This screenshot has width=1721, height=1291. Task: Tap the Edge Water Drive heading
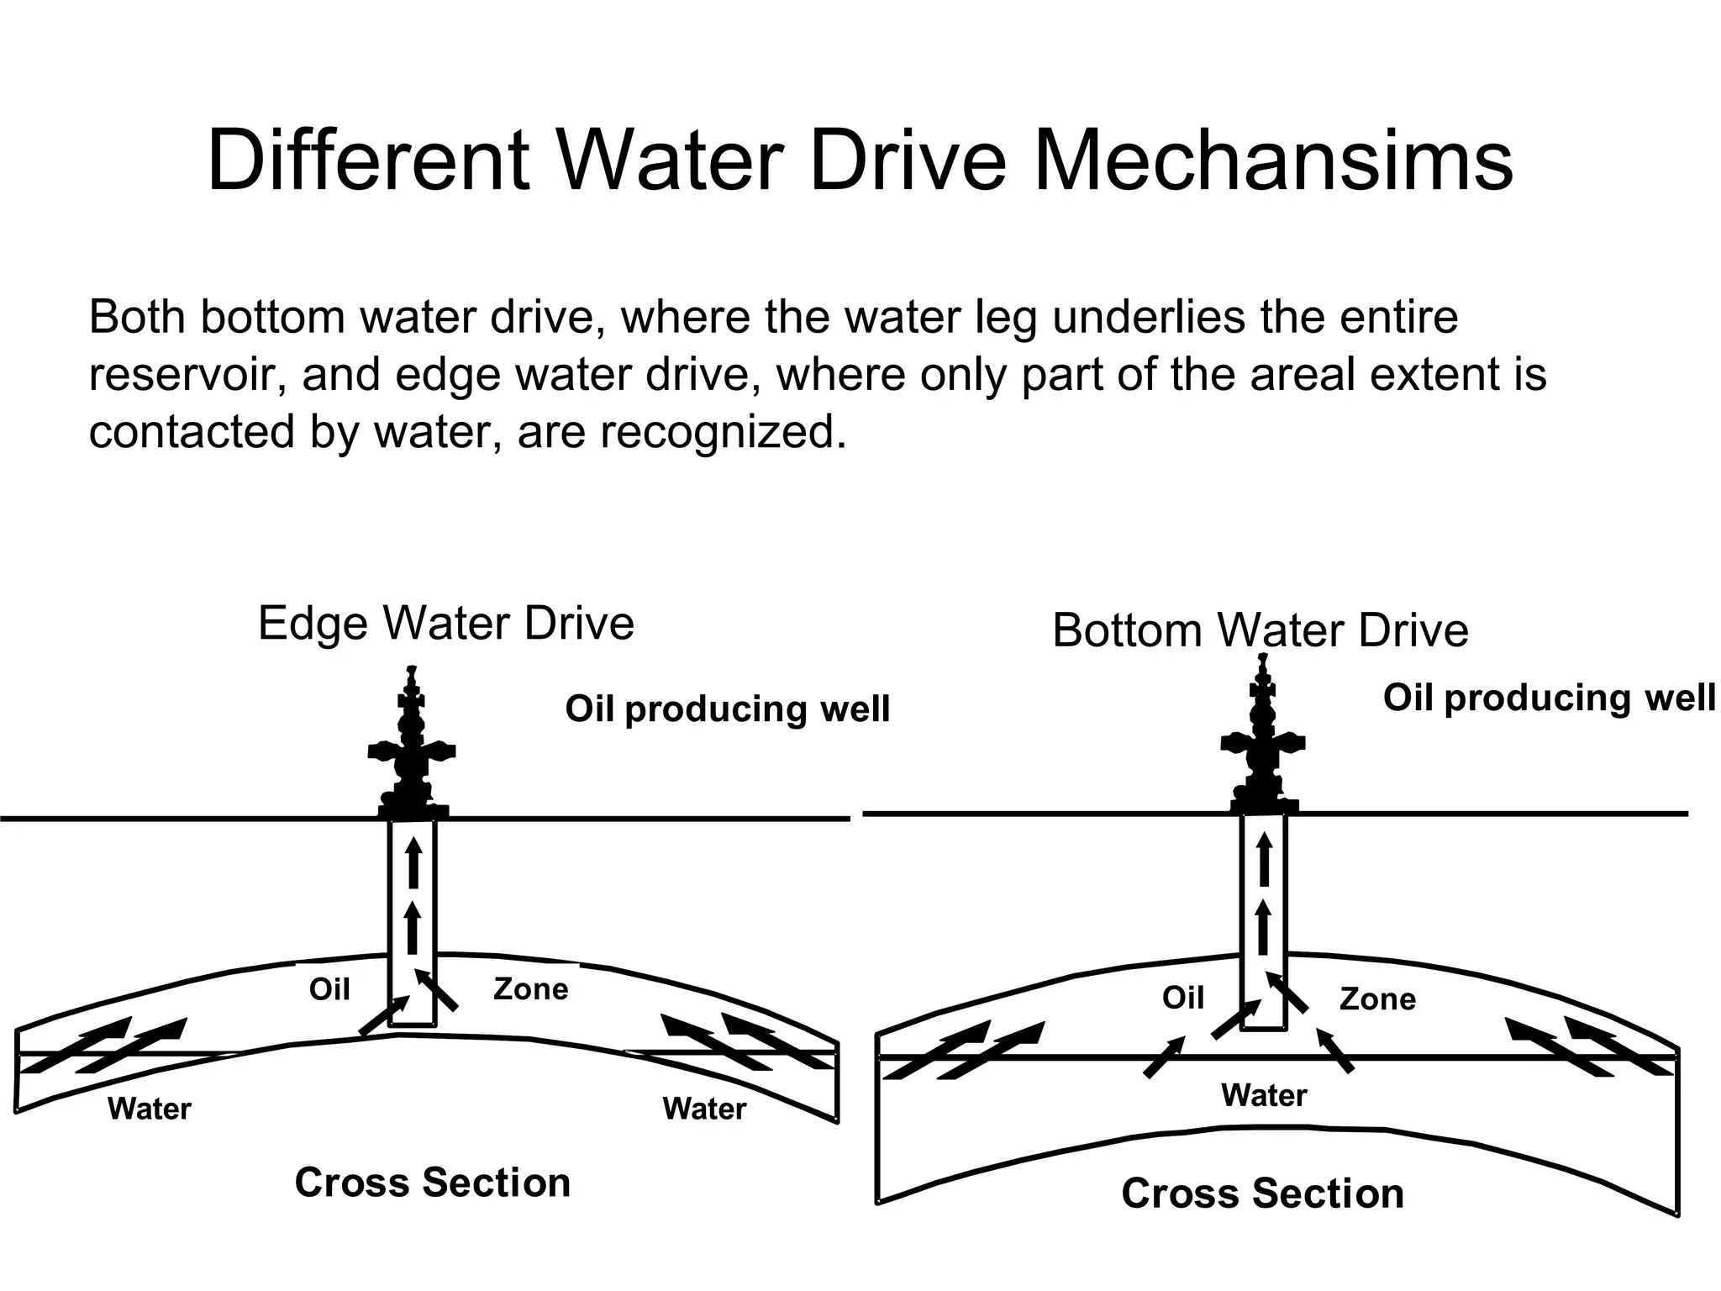(445, 624)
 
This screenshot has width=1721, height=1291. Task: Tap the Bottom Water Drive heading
(1260, 630)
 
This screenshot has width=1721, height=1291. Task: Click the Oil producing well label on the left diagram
(727, 709)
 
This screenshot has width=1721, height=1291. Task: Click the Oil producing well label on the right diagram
(1548, 698)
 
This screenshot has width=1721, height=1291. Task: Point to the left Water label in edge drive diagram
(150, 1109)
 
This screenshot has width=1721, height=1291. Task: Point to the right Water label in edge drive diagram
(704, 1109)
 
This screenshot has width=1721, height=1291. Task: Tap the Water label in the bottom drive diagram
(1264, 1095)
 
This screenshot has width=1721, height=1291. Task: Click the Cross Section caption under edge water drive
(433, 1183)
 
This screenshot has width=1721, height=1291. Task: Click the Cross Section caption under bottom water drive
(1262, 1194)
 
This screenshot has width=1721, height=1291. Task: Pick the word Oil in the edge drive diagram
(329, 989)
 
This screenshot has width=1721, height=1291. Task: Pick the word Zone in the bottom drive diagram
(1377, 999)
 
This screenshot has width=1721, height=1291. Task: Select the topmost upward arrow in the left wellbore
(413, 862)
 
